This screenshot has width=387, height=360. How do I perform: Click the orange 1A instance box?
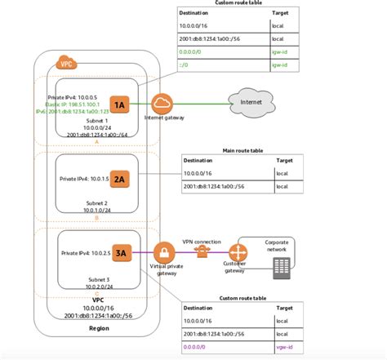pos(119,104)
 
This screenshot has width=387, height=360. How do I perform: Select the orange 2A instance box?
pos(119,177)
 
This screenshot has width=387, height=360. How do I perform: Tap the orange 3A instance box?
pos(119,253)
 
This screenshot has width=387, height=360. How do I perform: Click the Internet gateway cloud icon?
pos(162,104)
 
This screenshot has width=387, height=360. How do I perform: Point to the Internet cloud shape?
pos(248,103)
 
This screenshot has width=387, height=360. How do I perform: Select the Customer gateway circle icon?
pos(240,252)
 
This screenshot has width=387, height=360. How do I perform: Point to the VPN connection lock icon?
pos(202,253)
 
